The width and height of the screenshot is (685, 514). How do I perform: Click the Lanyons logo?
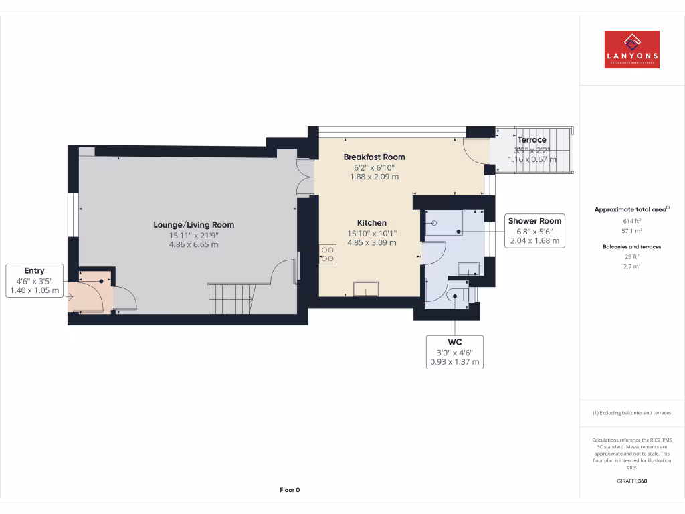pos(631,50)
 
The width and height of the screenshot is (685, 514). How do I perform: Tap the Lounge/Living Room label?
pos(193,225)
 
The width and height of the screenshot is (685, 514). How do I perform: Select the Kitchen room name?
pos(371,223)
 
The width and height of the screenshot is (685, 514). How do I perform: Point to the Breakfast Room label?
pos(374,157)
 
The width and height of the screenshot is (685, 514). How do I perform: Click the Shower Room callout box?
pos(534,231)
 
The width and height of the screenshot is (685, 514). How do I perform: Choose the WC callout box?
pos(454,352)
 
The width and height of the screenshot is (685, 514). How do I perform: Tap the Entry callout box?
pos(34,280)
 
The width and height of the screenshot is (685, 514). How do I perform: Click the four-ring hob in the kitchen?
pos(328,253)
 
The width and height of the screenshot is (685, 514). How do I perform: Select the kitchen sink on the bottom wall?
pos(366,288)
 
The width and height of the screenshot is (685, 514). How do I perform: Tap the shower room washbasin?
pos(468,269)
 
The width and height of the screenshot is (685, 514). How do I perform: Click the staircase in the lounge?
pos(231,298)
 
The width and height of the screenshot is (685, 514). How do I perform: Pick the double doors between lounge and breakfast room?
pos(306,177)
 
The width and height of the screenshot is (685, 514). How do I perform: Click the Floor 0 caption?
pos(290,490)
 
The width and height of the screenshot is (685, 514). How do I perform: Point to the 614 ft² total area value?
pos(631,220)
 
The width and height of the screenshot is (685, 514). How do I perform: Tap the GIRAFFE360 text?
pos(631,481)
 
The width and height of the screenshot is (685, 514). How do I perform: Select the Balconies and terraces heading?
pos(631,247)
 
